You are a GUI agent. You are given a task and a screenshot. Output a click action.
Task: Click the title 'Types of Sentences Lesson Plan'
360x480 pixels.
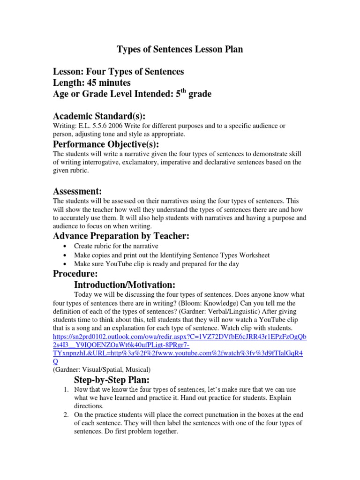tap(180, 49)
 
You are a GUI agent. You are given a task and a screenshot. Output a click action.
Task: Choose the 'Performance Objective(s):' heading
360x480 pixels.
tap(106, 144)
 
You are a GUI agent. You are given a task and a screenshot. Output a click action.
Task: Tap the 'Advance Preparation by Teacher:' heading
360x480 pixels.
tap(121, 236)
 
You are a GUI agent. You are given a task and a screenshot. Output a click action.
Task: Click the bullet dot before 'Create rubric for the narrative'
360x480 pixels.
tap(64, 247)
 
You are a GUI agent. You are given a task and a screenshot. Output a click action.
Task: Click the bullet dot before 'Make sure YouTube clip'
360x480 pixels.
tap(64, 264)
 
